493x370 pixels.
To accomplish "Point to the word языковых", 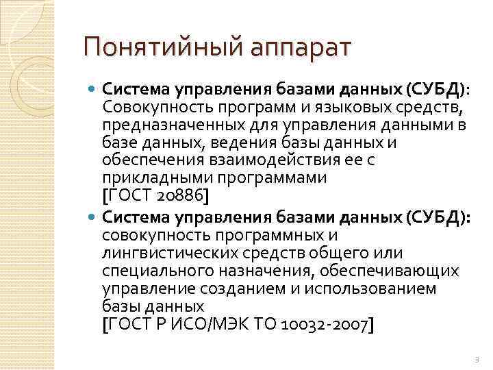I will (331, 107).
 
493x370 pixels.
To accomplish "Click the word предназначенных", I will (177, 125).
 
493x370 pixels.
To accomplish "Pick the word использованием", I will (378, 288).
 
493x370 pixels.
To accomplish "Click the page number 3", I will (475, 360).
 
